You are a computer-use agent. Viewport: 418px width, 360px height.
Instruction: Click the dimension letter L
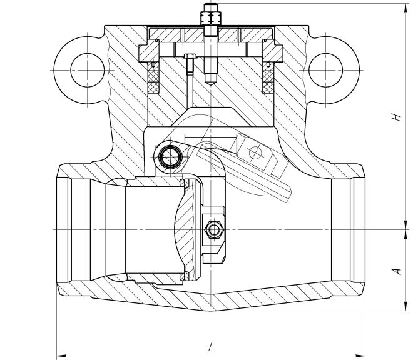coord(211,346)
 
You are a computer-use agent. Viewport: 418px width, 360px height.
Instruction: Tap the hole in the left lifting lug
coord(87,70)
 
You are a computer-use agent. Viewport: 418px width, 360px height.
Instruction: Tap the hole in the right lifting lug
coord(325,70)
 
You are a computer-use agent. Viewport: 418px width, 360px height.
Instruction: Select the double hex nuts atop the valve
coord(211,18)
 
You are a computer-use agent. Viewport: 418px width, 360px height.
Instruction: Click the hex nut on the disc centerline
coord(213,229)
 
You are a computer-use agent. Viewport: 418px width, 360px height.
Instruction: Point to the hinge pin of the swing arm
coord(171,157)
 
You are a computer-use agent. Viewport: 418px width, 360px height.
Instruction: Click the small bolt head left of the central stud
coord(190,56)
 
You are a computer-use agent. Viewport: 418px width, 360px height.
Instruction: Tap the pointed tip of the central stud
coord(211,85)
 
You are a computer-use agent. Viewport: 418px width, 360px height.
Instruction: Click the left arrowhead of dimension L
coord(61,356)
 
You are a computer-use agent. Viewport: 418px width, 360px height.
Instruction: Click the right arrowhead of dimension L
coord(360,356)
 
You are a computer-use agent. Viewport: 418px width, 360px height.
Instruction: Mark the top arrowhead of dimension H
coord(405,9)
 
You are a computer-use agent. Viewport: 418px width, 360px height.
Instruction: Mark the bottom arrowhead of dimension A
coord(405,306)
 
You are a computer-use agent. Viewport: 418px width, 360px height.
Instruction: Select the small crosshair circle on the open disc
coord(255,152)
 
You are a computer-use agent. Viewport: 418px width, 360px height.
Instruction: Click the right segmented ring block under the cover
coord(272,51)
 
